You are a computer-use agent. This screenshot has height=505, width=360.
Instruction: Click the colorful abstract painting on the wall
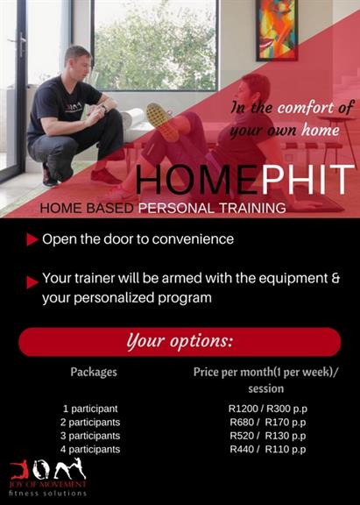[277, 30]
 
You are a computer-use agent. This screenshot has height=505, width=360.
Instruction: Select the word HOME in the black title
[198, 179]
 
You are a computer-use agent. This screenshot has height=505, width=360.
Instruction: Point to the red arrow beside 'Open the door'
[32, 239]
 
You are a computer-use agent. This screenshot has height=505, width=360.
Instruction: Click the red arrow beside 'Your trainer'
[32, 282]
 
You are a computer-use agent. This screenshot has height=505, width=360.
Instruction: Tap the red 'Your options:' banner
[180, 342]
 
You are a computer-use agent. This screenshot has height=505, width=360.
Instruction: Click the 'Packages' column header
[94, 372]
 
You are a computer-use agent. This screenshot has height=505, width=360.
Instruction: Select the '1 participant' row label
[90, 409]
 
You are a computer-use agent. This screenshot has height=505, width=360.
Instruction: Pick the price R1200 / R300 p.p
[268, 409]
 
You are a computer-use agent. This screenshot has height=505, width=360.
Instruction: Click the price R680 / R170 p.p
[268, 423]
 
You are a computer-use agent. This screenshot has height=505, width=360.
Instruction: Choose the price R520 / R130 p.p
[268, 436]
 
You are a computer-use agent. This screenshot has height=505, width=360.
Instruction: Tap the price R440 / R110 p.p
[268, 449]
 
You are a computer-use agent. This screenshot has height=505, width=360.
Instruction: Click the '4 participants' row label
[90, 449]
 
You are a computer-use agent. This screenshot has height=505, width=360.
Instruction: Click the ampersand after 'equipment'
[335, 278]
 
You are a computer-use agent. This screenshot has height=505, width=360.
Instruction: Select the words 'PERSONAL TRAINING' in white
[212, 208]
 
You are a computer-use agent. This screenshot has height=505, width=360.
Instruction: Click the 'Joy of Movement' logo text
[47, 484]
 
